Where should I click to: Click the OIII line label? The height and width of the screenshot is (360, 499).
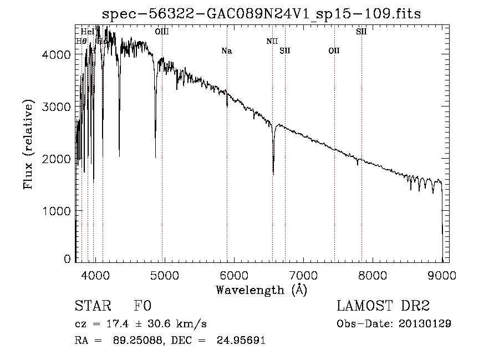[x=162, y=32]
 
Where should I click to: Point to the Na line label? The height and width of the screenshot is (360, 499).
[x=226, y=51]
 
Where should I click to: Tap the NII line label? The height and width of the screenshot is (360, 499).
[x=272, y=41]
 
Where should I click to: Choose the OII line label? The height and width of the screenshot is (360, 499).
[x=334, y=51]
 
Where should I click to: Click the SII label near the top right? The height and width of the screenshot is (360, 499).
[x=361, y=32]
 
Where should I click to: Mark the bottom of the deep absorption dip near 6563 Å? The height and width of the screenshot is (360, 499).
[x=273, y=174]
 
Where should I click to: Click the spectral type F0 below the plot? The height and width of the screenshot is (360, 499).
[x=142, y=306]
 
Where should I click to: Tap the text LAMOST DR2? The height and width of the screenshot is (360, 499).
[x=383, y=306]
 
